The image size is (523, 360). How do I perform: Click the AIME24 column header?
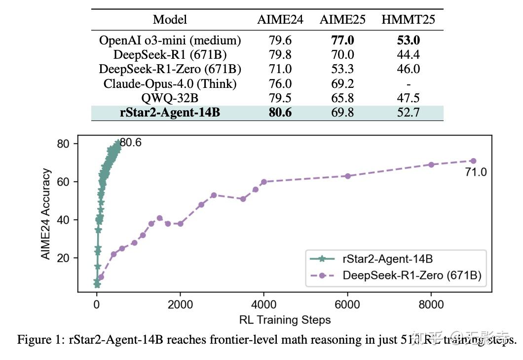point(280,20)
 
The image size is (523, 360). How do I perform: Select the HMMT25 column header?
point(408,20)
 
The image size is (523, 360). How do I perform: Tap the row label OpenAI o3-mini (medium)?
point(170,40)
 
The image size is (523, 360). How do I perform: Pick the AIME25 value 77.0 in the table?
point(342,40)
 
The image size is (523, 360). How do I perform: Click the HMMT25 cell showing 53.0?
point(408,40)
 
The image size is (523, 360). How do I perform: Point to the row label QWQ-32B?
point(170,98)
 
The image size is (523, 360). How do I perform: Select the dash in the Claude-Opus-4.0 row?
point(408,83)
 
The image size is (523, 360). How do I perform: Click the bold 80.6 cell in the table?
point(280,113)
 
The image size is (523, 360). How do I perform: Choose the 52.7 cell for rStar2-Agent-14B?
point(408,113)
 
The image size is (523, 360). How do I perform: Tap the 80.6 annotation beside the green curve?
point(131,143)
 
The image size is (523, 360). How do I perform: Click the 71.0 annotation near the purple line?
point(476,172)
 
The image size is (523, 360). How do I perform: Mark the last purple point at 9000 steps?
point(473,160)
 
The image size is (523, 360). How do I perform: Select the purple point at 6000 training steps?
point(348,176)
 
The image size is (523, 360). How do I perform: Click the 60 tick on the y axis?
point(65,182)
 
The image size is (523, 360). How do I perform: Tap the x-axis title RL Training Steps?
point(285,320)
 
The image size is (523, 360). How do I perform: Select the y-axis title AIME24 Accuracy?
point(46,214)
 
